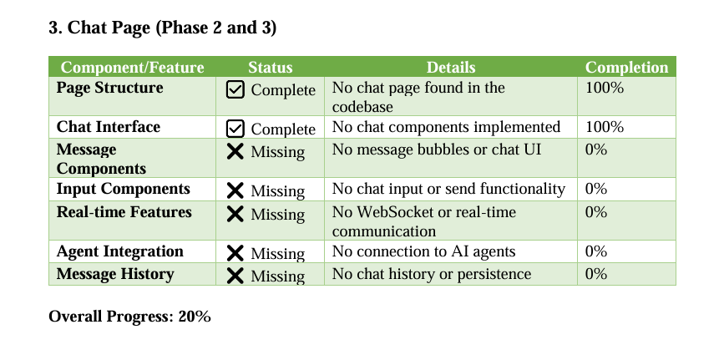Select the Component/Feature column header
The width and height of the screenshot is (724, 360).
pos(132,68)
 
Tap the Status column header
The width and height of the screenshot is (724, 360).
pos(270,68)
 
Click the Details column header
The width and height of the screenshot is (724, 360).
pos(451,68)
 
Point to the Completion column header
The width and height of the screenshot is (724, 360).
pos(626,68)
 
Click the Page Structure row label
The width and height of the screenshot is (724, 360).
pos(110,88)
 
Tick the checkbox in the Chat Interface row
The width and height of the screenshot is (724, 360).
pos(235,129)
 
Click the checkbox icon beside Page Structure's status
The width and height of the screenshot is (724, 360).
pos(235,89)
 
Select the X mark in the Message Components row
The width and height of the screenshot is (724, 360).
pos(235,151)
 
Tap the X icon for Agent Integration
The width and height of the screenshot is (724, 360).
pos(235,253)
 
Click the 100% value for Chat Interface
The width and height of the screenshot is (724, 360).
pos(605,127)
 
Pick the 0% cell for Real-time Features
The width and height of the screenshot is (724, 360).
pos(595,212)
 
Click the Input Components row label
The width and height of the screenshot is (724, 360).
pos(124,189)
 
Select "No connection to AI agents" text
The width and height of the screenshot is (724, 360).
pos(423,251)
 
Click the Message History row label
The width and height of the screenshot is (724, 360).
pos(115,274)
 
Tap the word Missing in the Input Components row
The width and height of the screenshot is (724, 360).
pos(277,191)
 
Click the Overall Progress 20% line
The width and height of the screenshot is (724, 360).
pos(129,317)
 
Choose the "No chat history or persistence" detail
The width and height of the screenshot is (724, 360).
pos(432,274)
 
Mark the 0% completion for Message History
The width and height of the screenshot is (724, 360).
pos(595,274)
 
